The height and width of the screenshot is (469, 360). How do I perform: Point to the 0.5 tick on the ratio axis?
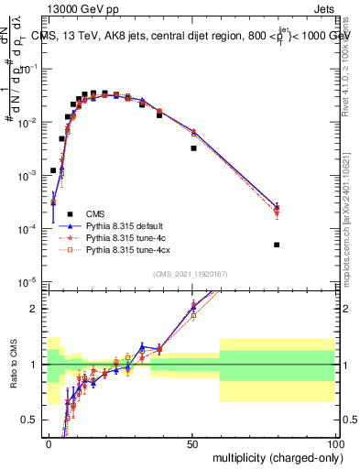click(34, 420)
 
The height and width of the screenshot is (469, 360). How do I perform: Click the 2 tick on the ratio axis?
click(38, 309)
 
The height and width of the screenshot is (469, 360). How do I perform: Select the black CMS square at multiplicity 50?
click(193, 147)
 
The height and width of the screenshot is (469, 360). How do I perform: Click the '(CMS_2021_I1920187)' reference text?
click(191, 274)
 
